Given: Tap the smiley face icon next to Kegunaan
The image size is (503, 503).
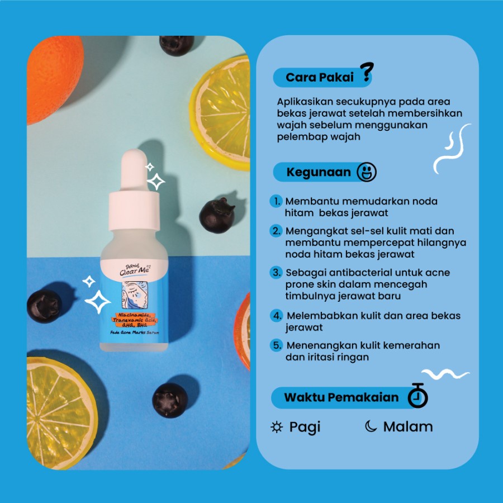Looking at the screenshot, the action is tap(367, 172).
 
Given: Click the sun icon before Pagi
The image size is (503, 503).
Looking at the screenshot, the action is tap(277, 427).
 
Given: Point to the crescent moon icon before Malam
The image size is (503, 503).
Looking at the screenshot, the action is tap(371, 426).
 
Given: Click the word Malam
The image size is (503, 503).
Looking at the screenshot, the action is tap(408, 426).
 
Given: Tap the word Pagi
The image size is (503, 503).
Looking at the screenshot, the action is tap(305, 428).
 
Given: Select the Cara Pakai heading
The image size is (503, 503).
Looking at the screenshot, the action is tap(320, 77).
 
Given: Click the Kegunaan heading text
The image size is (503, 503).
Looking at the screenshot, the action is tap(319, 172).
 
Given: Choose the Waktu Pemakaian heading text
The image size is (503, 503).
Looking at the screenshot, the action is tap(341, 397).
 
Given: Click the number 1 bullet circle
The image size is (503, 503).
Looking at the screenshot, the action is tap(276, 201).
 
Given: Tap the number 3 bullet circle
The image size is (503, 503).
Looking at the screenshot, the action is tap(276, 272).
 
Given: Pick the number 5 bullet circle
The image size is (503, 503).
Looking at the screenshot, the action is tap(276, 345).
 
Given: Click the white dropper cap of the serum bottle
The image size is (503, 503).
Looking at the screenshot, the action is tap(134, 190).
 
